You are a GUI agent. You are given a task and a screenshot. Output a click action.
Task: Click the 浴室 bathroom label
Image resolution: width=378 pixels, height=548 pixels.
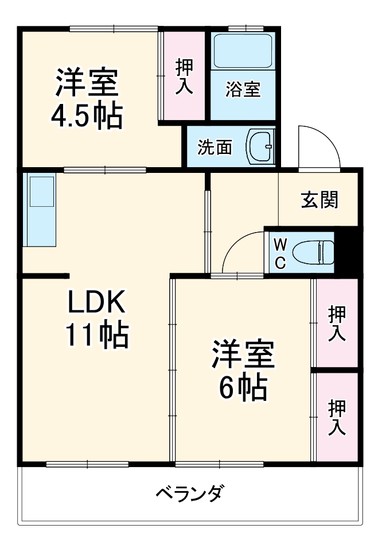pos(243,90)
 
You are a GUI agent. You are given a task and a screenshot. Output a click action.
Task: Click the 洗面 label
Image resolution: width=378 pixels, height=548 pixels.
pos(215,148)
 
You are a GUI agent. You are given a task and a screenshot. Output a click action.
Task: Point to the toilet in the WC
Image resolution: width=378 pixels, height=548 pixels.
pos(313,252)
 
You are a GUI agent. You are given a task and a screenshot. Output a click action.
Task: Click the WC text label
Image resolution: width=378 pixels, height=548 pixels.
pos(279,253)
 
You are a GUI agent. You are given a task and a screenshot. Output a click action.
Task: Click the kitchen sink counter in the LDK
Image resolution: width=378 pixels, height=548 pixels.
pos(40,210)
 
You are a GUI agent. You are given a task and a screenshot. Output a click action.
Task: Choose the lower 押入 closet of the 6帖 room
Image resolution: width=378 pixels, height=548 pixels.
pos(337,417)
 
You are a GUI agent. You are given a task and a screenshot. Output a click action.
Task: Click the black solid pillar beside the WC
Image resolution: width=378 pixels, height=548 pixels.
pos(348,251)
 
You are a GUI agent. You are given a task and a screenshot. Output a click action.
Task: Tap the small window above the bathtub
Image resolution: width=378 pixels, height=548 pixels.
pos(245,28)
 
